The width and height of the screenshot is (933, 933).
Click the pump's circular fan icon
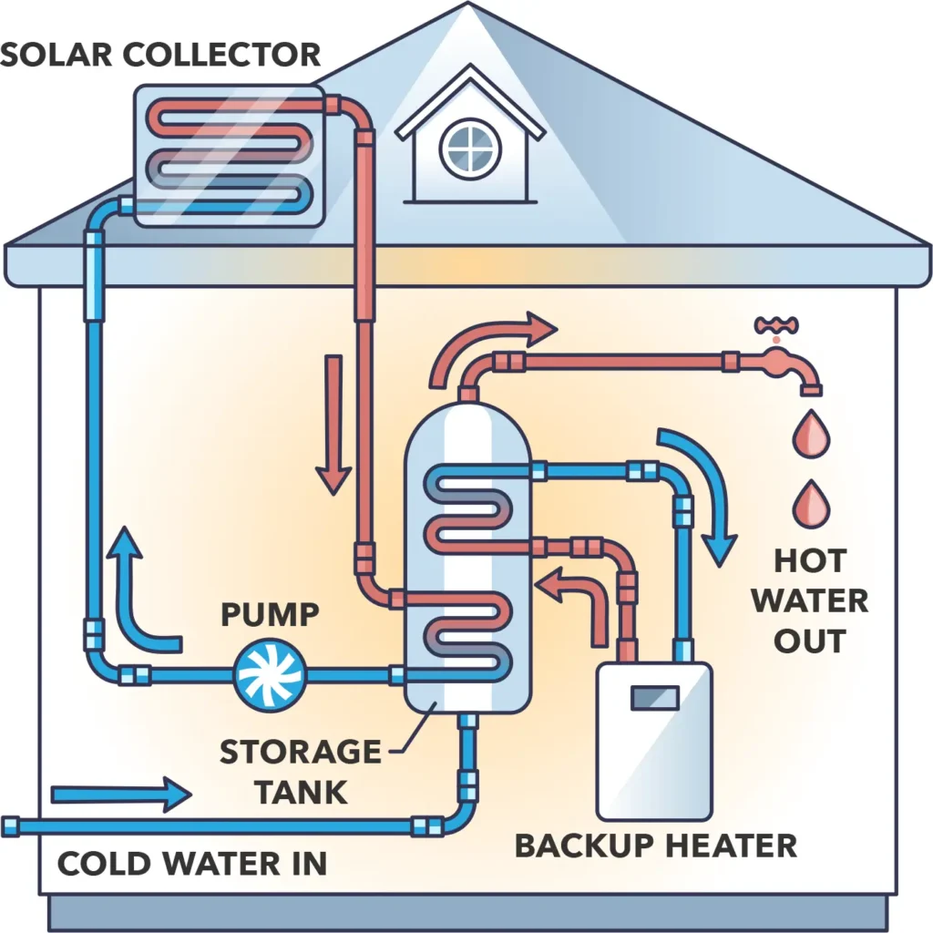coord(271,675)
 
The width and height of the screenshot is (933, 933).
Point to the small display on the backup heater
coord(653,697)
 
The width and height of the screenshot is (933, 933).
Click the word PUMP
coord(270,615)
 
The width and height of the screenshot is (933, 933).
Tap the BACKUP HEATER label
coord(655,845)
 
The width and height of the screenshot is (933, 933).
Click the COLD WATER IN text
coord(191,863)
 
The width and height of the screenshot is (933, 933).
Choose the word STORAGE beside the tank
coord(300,753)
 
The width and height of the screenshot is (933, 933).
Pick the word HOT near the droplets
coord(810,560)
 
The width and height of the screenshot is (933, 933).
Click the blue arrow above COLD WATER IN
coord(121,795)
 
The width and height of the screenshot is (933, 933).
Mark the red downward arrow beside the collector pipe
coord(333,424)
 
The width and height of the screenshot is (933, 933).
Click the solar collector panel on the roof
coord(227,155)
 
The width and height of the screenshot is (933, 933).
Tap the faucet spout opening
coord(811,391)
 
